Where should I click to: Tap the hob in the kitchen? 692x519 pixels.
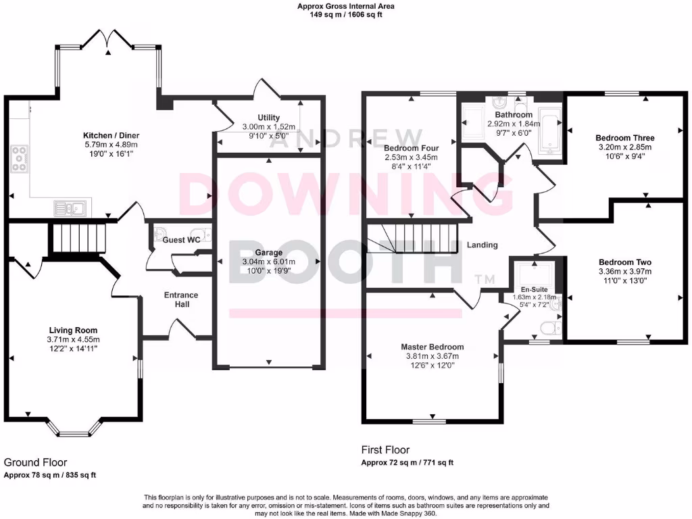20,159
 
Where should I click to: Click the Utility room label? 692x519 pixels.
268,117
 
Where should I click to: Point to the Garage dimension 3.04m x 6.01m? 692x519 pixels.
268,263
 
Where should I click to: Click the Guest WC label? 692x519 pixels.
180,240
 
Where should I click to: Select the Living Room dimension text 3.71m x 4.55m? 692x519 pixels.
73,339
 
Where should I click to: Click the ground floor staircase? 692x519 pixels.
80,239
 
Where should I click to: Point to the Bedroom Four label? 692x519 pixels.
411,148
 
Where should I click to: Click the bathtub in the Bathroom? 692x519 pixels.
549,124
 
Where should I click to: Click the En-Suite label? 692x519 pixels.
533,289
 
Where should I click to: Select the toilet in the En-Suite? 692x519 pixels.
550,328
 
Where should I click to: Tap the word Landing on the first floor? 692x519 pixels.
482,245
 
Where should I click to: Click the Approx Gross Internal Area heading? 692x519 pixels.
346,6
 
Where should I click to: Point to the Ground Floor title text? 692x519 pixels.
35,462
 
